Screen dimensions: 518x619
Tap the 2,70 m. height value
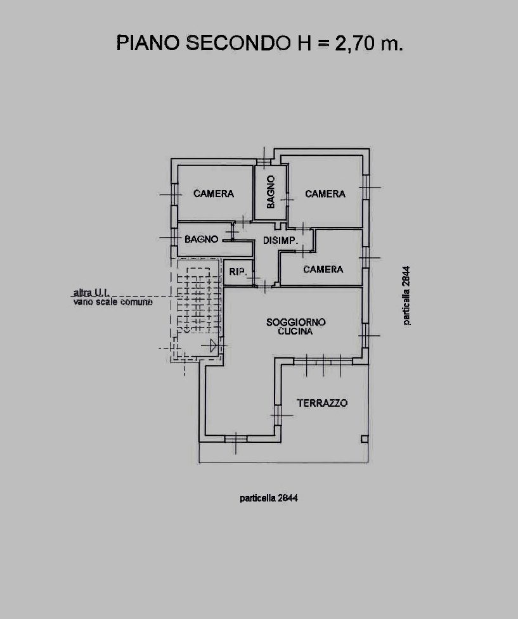[369, 43]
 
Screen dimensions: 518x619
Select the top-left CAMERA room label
[214, 193]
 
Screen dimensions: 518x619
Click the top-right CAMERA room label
[325, 194]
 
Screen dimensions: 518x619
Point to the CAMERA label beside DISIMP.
[323, 269]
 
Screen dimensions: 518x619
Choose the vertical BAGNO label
[271, 192]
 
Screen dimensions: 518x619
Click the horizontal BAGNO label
[202, 239]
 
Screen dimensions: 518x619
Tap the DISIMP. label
[280, 240]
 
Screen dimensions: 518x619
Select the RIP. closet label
[238, 272]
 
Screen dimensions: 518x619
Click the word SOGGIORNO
[296, 322]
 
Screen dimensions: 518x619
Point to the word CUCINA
[295, 331]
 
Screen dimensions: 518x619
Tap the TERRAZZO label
[323, 403]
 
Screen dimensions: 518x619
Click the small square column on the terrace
[365, 439]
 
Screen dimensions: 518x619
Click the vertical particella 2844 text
[406, 296]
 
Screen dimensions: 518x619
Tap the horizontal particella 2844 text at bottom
[269, 498]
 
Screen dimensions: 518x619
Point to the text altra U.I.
[91, 293]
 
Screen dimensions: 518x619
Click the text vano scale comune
[113, 302]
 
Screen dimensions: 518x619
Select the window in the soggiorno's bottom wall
[236, 438]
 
